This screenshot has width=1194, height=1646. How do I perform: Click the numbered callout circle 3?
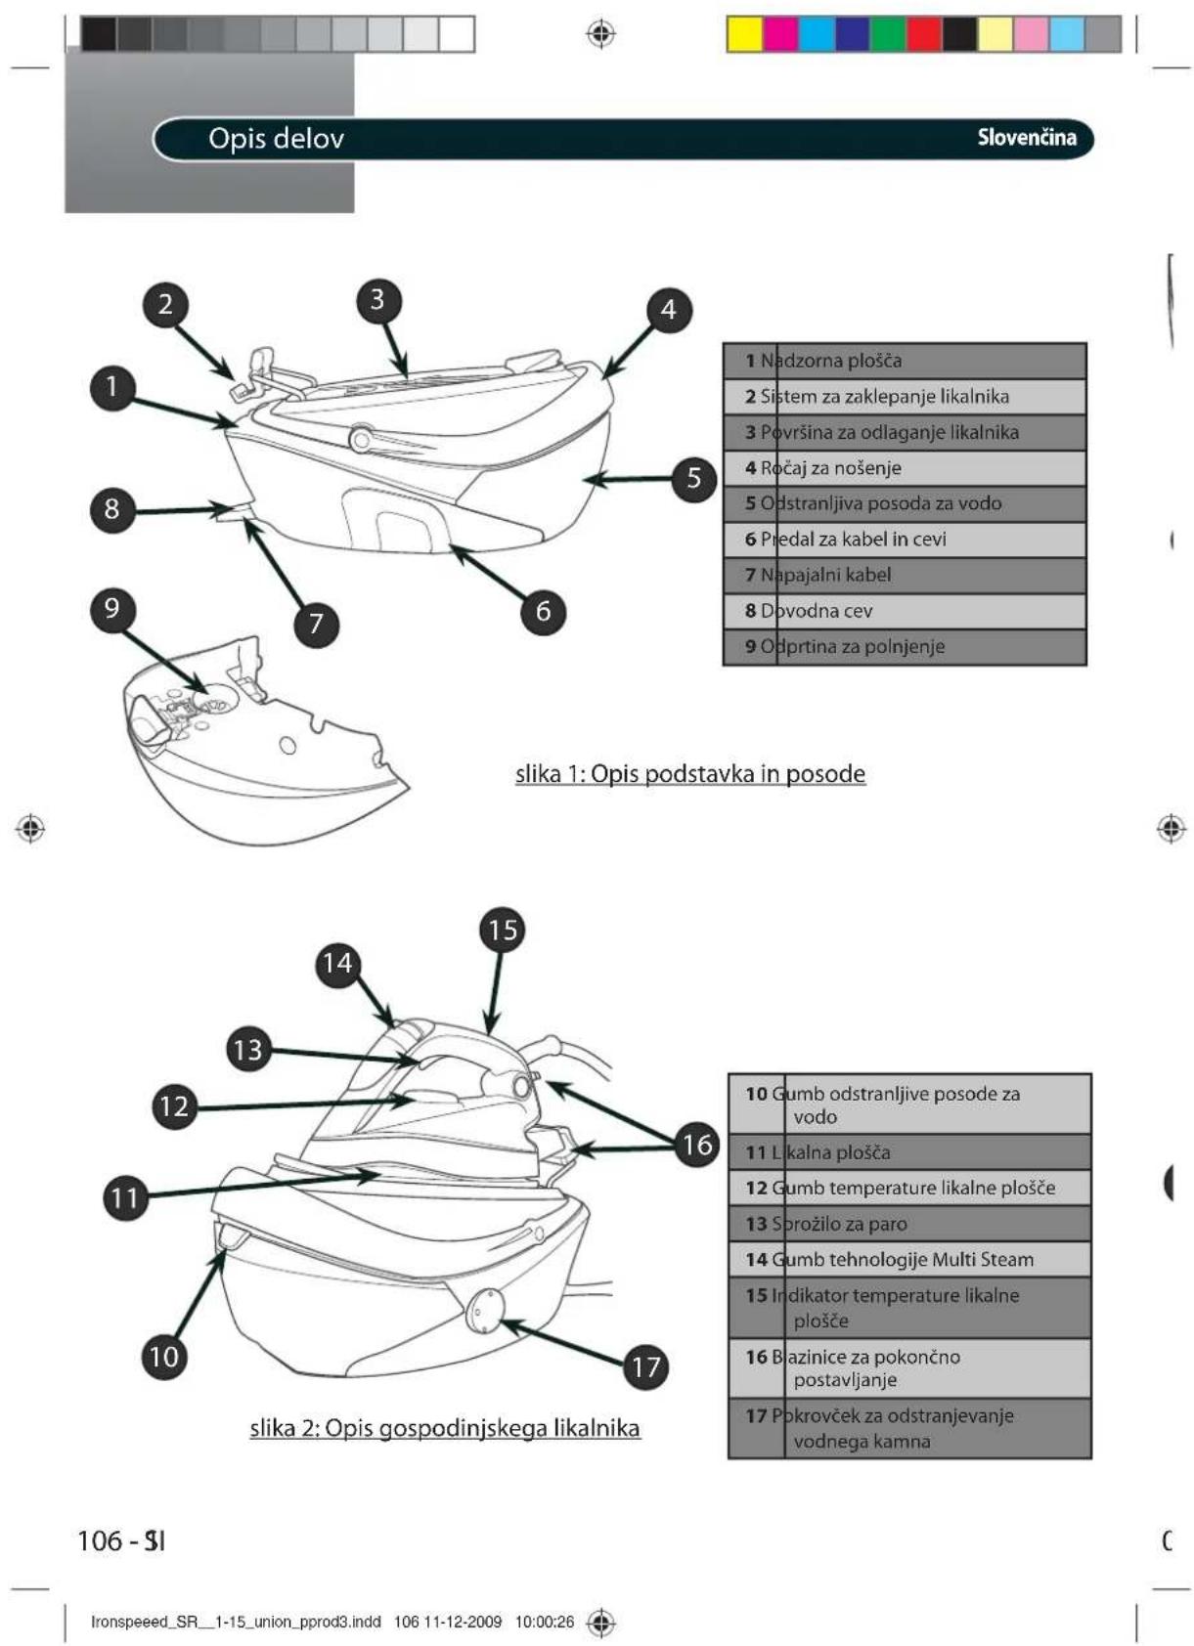coord(377,300)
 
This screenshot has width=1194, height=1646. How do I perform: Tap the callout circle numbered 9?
coord(111,608)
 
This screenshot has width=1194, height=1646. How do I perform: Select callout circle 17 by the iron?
coord(645,1365)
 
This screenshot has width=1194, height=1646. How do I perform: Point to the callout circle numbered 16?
coord(696,1144)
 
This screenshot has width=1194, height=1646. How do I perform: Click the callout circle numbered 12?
coord(174,1105)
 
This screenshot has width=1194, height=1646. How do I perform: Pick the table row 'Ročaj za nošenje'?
coord(905,468)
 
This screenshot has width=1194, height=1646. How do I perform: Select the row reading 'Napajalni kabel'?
coord(905,575)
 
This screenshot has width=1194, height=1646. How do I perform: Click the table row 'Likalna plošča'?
coord(909,1152)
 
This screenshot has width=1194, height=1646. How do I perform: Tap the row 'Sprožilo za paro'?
coord(909,1224)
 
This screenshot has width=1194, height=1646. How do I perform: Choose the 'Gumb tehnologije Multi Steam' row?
coord(909,1259)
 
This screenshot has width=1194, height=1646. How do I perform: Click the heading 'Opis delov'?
coord(276,139)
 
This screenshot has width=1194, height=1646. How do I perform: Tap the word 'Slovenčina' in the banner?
coord(1026,138)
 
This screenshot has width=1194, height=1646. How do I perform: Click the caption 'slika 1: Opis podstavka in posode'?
coord(690,774)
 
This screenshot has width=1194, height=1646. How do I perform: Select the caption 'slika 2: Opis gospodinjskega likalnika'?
coord(445,1428)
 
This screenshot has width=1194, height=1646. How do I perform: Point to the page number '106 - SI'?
coord(121,1541)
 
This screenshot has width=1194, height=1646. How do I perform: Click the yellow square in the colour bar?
coord(745,34)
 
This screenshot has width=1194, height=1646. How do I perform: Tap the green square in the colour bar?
coord(887,34)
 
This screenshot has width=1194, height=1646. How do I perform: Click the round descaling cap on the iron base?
coord(485,1310)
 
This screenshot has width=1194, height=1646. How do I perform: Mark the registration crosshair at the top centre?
coord(600,34)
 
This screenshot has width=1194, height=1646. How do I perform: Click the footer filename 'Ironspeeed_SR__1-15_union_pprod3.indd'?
coord(236,1622)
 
